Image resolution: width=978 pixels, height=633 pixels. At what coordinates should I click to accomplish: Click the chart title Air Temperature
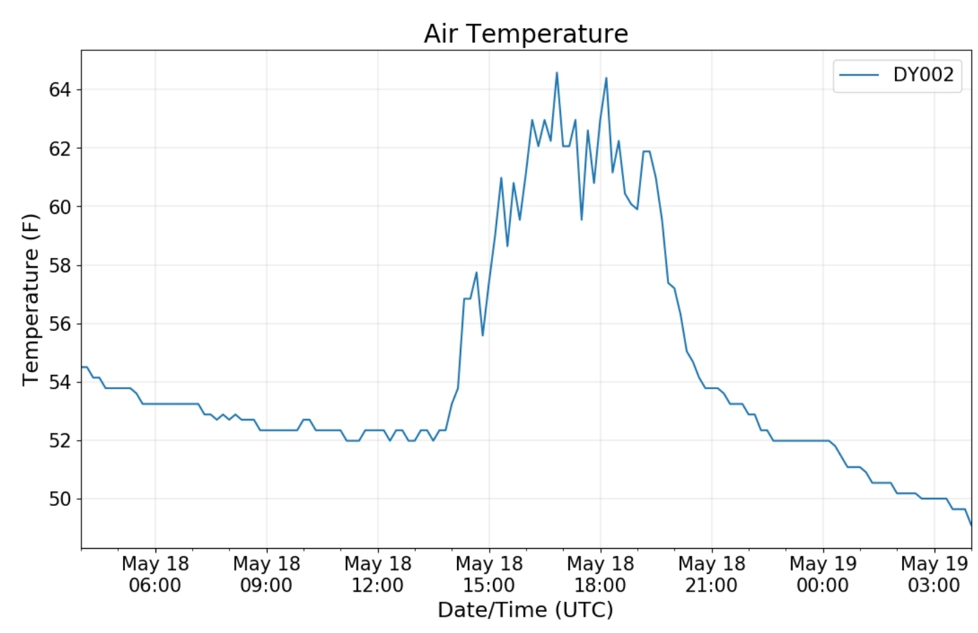click(526, 33)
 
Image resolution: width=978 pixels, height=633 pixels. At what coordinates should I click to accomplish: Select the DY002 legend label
click(923, 75)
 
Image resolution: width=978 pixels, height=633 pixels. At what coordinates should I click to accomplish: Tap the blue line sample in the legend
click(858, 75)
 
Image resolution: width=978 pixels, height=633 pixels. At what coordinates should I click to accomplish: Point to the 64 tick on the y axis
click(60, 90)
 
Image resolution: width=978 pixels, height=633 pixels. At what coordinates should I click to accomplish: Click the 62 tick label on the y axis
click(60, 148)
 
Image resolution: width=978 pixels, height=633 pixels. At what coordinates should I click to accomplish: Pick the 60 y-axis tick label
click(60, 207)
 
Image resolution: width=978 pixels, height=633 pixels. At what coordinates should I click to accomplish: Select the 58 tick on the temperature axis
click(60, 266)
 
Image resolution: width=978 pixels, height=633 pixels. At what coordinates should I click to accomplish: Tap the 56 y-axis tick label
click(60, 324)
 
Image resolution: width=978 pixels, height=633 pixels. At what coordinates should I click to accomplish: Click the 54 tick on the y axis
click(60, 382)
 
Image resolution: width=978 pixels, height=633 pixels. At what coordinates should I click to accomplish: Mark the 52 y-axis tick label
click(60, 441)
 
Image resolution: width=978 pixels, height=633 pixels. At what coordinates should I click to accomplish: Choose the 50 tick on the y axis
click(60, 499)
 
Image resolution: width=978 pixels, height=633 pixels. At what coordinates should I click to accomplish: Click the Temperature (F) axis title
click(31, 300)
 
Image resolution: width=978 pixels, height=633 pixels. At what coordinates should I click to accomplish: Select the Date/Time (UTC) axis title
click(525, 610)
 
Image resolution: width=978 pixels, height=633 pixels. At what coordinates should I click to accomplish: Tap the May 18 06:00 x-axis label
click(155, 574)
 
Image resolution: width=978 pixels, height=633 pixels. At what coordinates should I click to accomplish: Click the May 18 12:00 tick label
click(378, 574)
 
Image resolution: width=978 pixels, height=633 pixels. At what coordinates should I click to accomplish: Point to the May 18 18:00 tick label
click(600, 574)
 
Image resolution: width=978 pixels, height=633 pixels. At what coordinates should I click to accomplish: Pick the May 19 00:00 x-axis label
click(822, 574)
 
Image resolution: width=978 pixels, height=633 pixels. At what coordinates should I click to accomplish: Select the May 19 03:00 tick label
click(934, 574)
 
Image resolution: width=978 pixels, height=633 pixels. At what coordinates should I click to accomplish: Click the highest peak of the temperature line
click(557, 73)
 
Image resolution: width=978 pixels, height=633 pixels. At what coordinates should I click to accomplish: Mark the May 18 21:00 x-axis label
click(711, 574)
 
